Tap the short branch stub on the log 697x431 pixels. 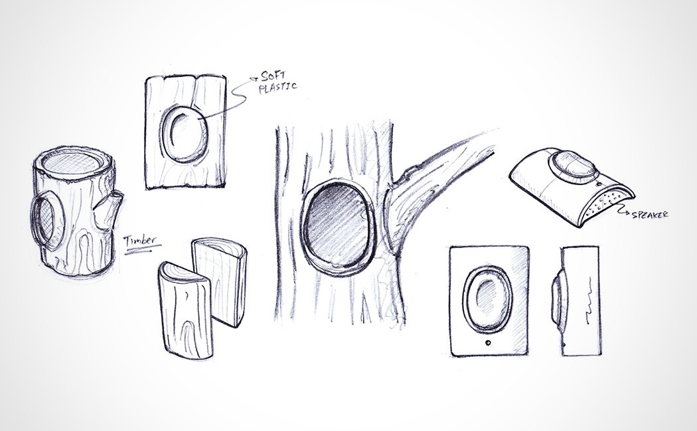point(109,208)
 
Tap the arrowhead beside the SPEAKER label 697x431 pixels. point(623,211)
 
